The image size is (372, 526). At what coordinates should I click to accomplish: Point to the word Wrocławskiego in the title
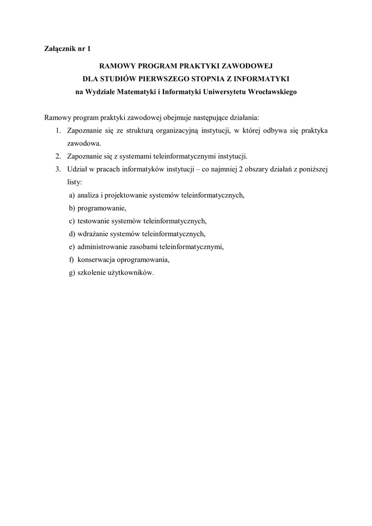[x=272, y=92]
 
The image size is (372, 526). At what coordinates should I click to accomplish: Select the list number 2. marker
[x=58, y=156]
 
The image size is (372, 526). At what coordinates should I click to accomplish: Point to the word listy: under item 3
[x=75, y=182]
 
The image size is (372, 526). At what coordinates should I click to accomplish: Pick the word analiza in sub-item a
[x=88, y=195]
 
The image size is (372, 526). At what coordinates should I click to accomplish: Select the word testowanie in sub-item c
[x=93, y=221]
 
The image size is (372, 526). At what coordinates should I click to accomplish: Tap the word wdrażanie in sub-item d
[x=92, y=234]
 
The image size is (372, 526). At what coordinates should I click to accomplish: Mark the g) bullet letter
[x=71, y=273]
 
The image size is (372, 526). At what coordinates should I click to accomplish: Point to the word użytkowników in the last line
[x=134, y=273]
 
